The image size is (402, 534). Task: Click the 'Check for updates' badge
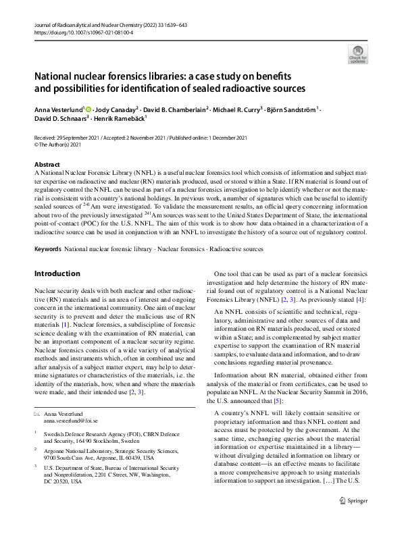(x=357, y=53)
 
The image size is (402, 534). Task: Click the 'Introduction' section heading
(x=57, y=273)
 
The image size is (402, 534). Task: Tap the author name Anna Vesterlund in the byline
(x=59, y=109)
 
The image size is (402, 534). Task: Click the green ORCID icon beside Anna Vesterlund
(x=89, y=109)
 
